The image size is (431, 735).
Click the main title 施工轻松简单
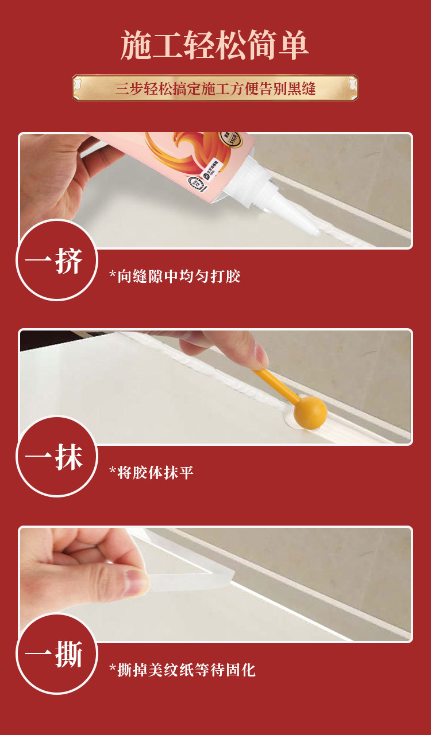coord(215,45)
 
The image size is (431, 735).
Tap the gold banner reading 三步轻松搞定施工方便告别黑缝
coord(215,89)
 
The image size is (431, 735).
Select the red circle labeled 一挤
coord(56,261)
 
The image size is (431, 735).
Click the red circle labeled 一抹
coord(56,457)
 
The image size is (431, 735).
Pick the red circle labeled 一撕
coord(56,654)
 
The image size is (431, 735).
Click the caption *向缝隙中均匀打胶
coord(175,277)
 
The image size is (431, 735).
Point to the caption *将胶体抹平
coord(152,473)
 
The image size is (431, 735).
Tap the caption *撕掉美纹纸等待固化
coord(182,670)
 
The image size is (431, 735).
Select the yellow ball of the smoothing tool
coord(310,410)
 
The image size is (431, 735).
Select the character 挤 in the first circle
coord(69,261)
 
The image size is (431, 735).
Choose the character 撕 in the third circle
coord(69,654)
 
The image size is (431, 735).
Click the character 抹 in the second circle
coord(69,457)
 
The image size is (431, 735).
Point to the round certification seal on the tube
coord(197,180)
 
